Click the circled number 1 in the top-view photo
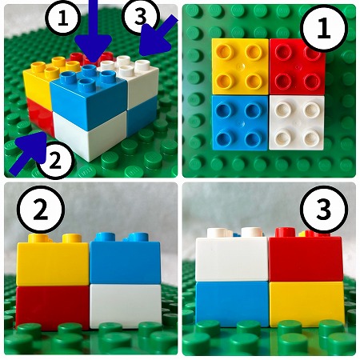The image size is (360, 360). pos(324,29)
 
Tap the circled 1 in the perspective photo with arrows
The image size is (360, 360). pos(63,18)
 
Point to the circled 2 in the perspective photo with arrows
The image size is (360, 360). pos(55,160)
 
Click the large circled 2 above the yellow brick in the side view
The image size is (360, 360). pos(41,210)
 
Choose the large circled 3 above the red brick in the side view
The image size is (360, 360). pos(324,210)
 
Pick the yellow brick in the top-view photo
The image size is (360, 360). pos(240,66)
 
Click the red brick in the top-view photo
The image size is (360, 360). pos(297,67)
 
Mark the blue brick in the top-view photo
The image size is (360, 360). pos(240,122)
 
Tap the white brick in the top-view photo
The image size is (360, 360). pos(297,122)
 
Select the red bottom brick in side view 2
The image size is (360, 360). pos(53,306)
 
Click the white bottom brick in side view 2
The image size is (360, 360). pos(126,306)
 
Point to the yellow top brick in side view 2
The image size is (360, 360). pos(53,260)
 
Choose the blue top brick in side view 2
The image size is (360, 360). pos(126,258)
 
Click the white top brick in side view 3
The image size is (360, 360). pos(232,255)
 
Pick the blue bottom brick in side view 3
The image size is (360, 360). pos(232,304)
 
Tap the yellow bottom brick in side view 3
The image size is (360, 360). pos(306,304)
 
